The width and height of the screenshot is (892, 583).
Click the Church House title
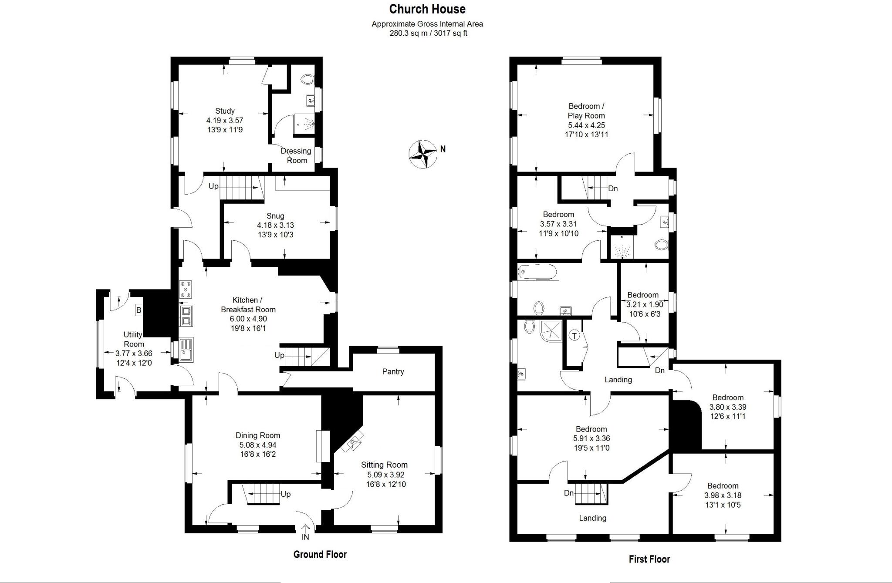[x=427, y=9]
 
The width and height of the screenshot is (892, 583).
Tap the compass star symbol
[x=422, y=154]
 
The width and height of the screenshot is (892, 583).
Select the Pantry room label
[x=393, y=372]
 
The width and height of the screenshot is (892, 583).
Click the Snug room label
[x=275, y=216]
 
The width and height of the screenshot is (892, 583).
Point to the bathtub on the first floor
[x=538, y=272]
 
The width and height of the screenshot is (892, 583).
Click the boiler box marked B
[x=139, y=310]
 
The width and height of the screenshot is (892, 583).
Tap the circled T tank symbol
[x=574, y=336]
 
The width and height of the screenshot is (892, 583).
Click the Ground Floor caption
[x=320, y=554]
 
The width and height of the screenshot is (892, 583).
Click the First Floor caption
[x=649, y=559]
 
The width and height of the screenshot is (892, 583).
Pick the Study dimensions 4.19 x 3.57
[x=225, y=121]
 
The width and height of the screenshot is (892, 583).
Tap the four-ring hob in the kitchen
[x=186, y=290]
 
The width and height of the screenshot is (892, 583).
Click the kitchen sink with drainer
[x=186, y=350]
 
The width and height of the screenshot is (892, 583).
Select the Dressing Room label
[x=296, y=155]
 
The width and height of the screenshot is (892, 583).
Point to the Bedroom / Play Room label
[x=586, y=111]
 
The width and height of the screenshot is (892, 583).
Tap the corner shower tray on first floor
[x=550, y=331]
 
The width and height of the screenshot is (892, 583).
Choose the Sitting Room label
[x=384, y=465]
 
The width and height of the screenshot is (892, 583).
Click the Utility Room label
[x=133, y=339]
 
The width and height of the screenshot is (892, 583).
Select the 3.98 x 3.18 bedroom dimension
[x=723, y=495]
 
